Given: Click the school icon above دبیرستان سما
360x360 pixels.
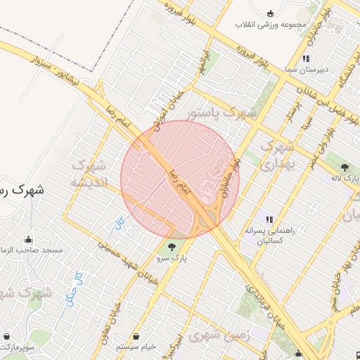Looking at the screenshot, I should [x=306, y=59].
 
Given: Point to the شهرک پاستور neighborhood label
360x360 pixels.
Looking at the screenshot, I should [x=223, y=112].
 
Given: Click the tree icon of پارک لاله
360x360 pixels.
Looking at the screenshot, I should [x=345, y=167].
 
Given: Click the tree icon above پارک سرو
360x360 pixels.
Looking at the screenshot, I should [x=173, y=246].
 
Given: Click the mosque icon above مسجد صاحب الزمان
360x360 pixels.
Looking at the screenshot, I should [x=28, y=239].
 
